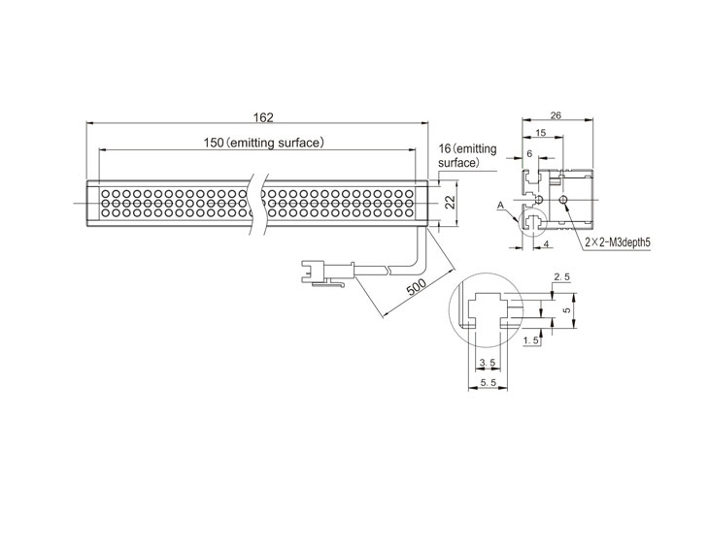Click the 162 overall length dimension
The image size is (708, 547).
[263, 117]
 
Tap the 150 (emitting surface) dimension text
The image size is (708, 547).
[264, 143]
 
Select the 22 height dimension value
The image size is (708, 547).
[451, 203]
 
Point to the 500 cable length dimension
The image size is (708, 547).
[417, 287]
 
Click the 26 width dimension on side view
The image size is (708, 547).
[556, 115]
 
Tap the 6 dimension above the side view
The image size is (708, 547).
[529, 154]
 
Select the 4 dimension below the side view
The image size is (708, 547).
[547, 244]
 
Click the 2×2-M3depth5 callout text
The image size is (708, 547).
[618, 242]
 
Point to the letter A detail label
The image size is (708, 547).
[500, 206]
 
